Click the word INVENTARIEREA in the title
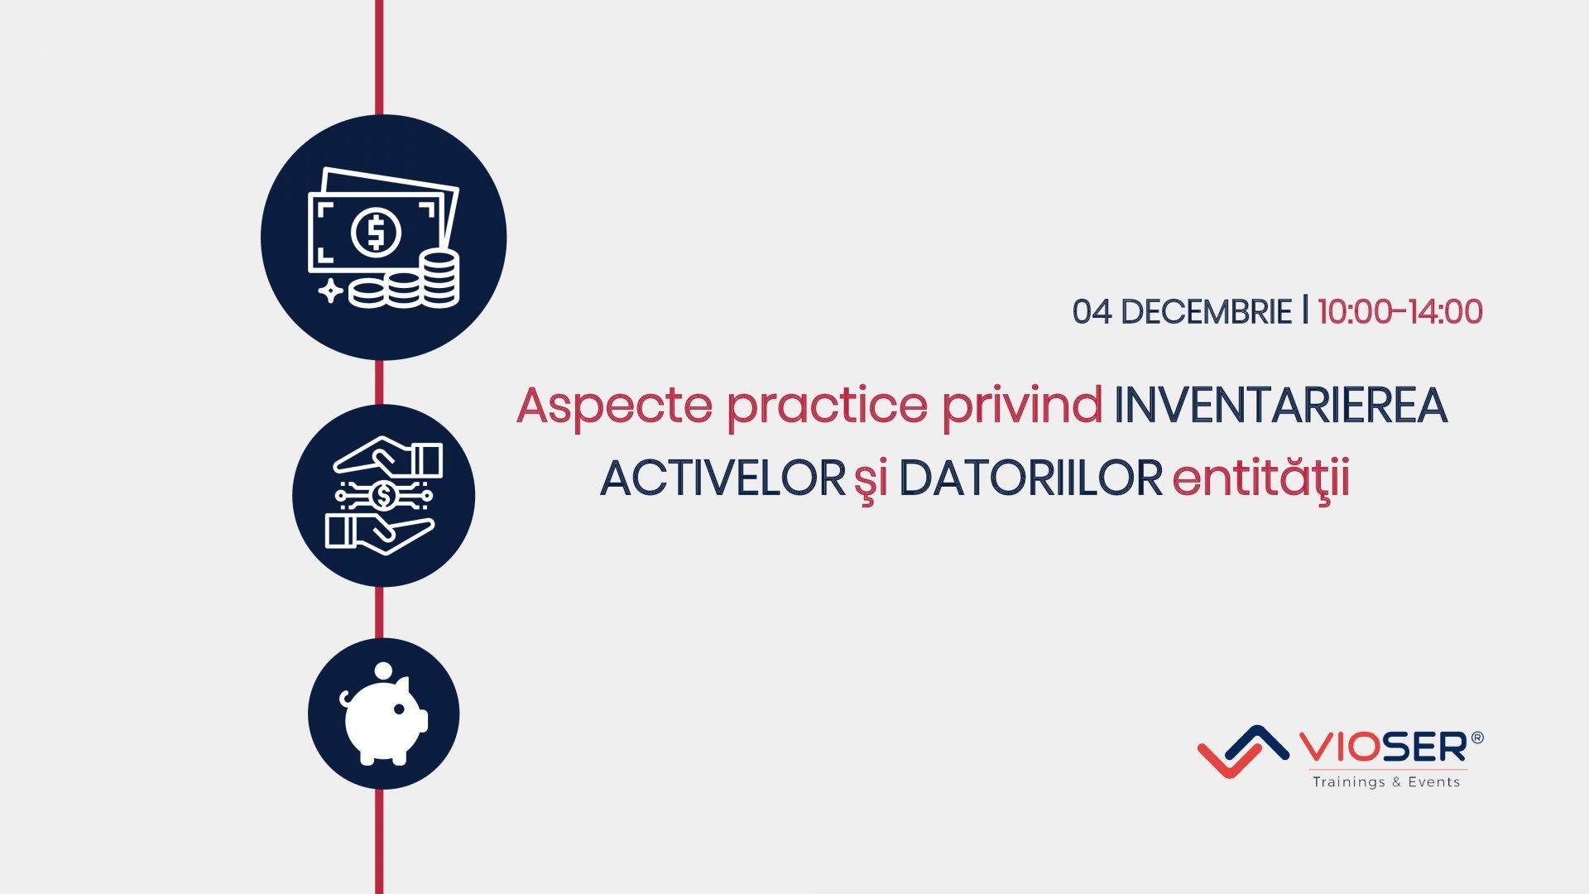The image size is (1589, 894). (1280, 405)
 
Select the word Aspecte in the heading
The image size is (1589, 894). (614, 406)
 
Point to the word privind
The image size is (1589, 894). (1022, 405)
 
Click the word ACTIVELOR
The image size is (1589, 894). (722, 478)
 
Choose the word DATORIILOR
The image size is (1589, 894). (1030, 478)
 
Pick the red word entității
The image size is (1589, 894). (1260, 478)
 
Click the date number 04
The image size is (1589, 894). (1092, 312)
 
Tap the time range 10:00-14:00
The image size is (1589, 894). (1399, 312)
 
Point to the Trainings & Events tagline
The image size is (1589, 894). (1386, 782)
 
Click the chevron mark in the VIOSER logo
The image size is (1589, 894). (1242, 751)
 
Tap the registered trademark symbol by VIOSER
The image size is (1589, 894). (1477, 737)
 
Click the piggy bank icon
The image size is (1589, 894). (385, 717)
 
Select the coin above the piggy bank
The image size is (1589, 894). (383, 670)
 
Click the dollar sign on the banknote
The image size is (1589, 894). (376, 233)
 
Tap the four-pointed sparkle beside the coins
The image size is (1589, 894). (330, 291)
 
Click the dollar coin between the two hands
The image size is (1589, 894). (383, 495)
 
